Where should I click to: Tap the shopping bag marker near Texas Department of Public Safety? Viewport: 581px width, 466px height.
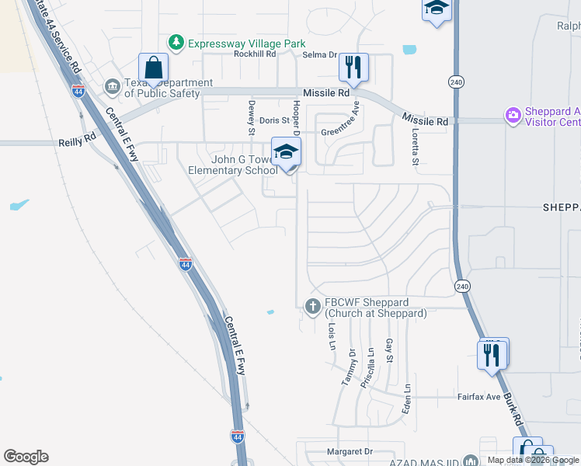(153, 68)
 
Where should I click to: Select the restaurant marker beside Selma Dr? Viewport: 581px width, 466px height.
(353, 68)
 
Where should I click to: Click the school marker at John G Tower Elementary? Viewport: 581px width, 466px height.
(286, 152)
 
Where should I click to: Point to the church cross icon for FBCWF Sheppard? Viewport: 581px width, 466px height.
(313, 307)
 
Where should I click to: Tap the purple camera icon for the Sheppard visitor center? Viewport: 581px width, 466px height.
(513, 116)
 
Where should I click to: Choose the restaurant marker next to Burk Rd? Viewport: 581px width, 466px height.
(492, 353)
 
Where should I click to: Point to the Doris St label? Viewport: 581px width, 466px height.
(274, 120)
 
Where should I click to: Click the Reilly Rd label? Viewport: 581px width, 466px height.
(77, 143)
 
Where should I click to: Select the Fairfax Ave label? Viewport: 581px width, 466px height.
(478, 396)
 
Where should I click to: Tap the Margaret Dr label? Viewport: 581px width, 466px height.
(350, 451)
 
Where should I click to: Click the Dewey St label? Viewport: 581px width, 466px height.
(252, 117)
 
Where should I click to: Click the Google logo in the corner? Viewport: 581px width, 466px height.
(26, 457)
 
